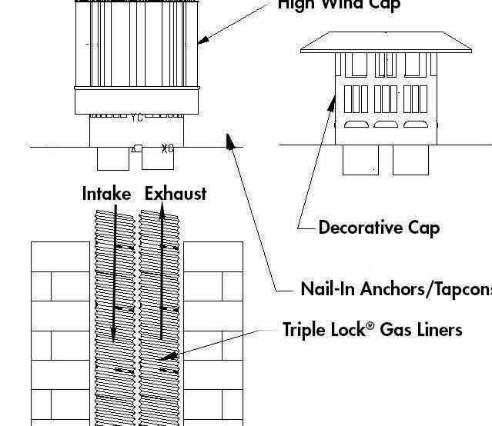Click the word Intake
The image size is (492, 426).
pos(106,194)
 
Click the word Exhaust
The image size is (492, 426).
pos(176,194)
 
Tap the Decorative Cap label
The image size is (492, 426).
pos(379,228)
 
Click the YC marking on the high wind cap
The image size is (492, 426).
pos(136,118)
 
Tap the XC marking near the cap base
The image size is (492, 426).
pos(167,148)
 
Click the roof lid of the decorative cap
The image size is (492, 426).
pos(386,42)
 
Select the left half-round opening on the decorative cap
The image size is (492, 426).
pos(355,124)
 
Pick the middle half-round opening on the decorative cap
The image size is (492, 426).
pos(384,124)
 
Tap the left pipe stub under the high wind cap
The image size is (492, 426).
pos(113,157)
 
